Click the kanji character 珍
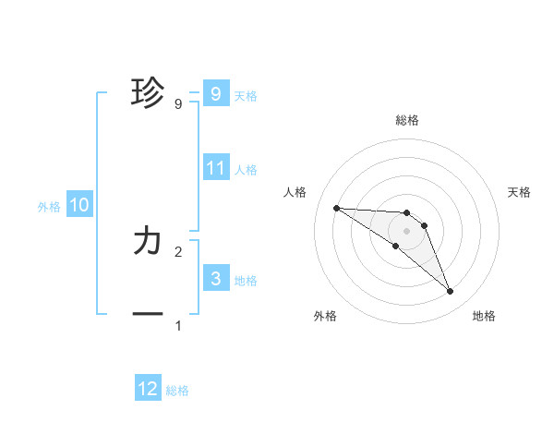coord(148,93)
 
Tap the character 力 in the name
coord(148,241)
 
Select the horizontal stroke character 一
coord(148,314)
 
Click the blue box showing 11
coord(216,168)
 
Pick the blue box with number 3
coord(216,279)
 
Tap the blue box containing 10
coord(79,205)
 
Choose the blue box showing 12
coord(148,389)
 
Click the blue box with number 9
coord(216,93)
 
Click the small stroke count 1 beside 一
coord(178,326)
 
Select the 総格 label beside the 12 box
coord(177,391)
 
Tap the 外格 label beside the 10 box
coord(49,207)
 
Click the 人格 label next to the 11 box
coord(246,170)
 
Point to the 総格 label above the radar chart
coord(406,120)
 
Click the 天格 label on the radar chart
coord(519,192)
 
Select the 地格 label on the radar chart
coord(484,316)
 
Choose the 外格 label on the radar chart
coord(325,316)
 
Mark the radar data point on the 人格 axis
coord(336,208)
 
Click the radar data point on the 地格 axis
coord(450,292)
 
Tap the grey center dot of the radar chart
coord(406,230)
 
